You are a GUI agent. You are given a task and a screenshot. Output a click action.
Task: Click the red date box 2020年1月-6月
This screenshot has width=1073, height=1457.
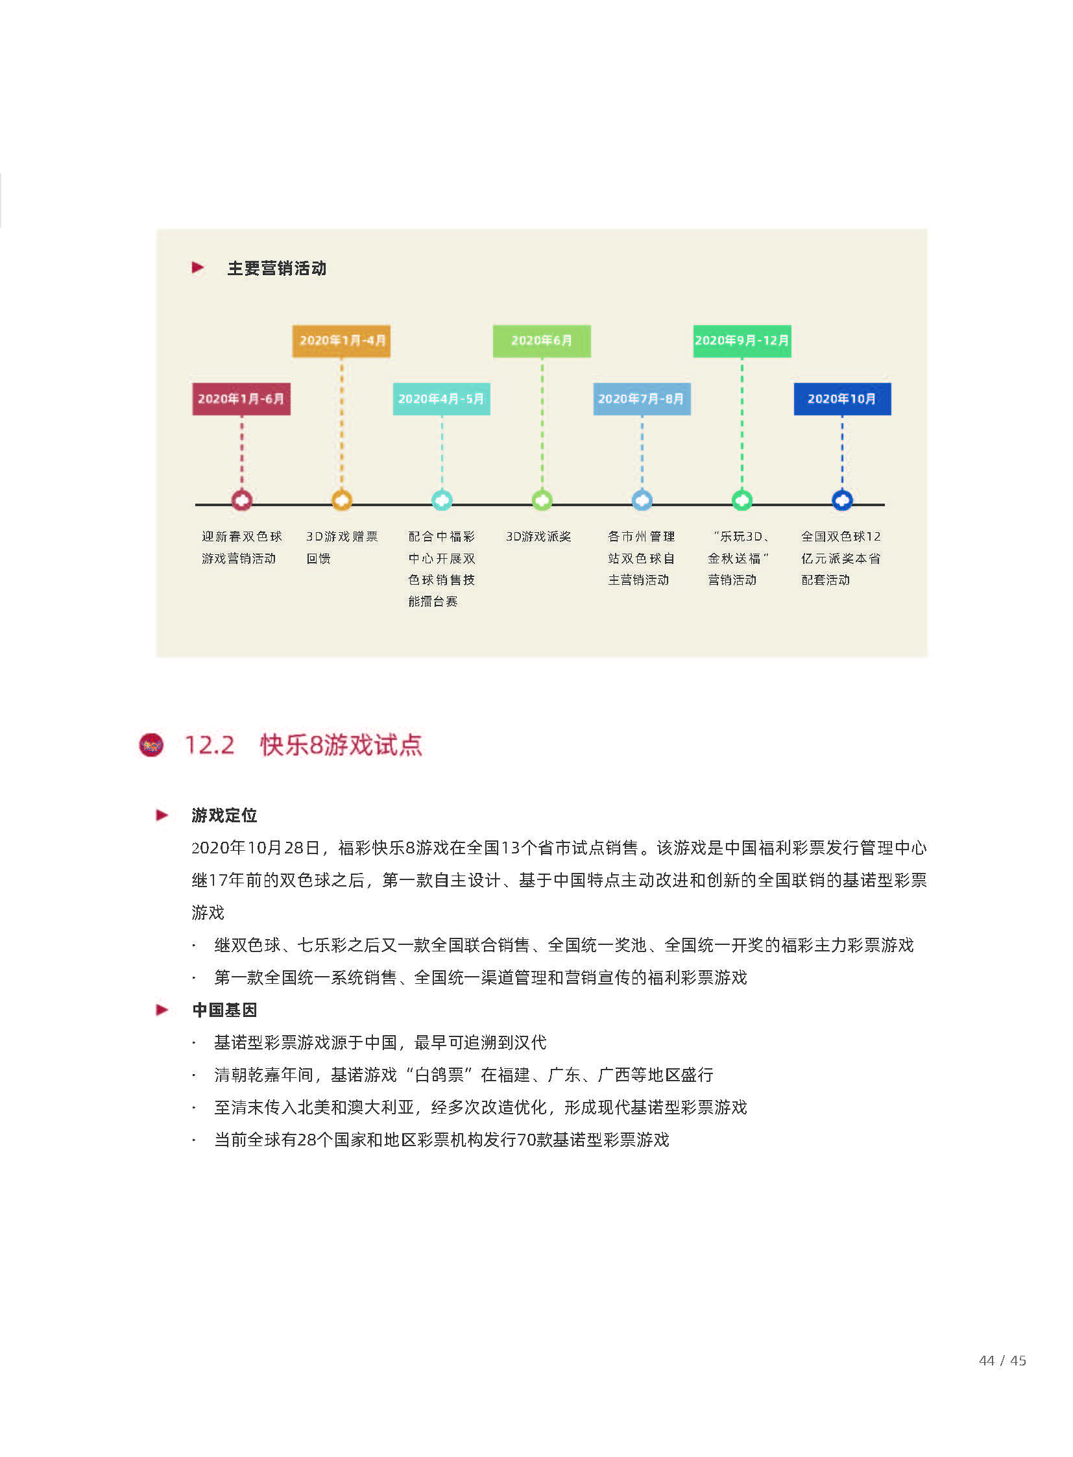click(241, 398)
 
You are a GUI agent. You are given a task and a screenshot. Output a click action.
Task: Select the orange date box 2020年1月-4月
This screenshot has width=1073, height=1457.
click(342, 341)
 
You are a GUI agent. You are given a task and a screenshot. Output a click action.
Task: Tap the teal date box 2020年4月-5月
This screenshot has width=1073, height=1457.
click(442, 398)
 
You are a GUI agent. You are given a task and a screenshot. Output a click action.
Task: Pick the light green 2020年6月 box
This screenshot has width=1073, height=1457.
click(542, 341)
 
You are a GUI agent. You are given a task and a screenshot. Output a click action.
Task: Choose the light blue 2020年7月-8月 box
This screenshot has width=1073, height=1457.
click(642, 398)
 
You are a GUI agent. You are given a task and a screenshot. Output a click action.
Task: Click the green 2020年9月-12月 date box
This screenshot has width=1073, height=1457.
click(741, 341)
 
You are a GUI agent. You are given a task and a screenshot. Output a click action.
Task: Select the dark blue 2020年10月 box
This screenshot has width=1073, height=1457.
click(843, 398)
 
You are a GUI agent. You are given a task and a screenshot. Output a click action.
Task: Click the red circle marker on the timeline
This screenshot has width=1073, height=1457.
click(241, 500)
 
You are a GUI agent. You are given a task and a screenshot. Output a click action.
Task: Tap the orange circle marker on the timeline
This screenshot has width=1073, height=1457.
click(342, 500)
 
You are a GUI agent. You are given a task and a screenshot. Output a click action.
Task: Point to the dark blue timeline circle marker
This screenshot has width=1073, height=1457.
click(843, 500)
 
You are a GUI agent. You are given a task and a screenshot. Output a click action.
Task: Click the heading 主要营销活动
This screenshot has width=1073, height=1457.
click(277, 269)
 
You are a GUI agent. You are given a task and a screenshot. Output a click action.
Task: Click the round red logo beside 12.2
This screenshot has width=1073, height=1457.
click(151, 745)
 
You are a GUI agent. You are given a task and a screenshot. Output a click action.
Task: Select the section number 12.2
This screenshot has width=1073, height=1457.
click(209, 745)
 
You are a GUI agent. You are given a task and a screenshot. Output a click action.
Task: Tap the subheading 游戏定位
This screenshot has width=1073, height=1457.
click(224, 815)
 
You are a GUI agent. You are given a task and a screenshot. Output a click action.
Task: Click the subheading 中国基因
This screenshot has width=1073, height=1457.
click(224, 1009)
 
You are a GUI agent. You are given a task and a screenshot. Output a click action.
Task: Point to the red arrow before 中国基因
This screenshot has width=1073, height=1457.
click(162, 1009)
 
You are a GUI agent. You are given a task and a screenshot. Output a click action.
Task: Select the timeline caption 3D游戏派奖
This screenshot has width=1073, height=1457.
click(538, 536)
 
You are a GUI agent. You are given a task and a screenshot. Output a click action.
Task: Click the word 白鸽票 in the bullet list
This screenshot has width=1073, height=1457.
click(439, 1074)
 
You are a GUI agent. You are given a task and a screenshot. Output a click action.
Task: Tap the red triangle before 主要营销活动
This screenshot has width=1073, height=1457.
click(198, 268)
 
